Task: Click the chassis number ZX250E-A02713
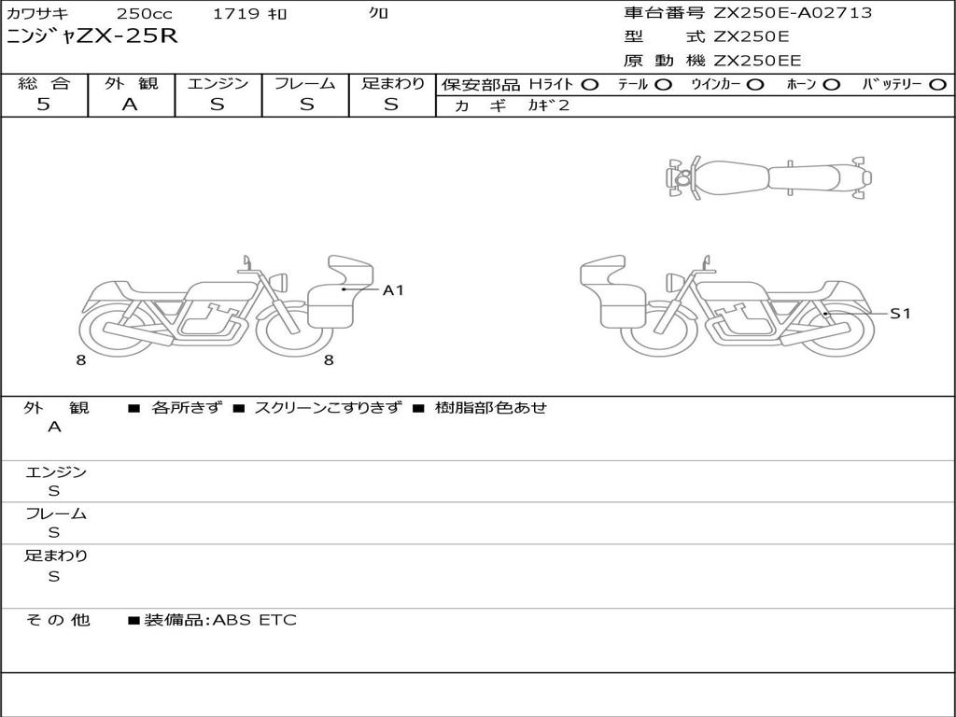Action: click(793, 13)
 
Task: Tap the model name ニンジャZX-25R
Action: click(92, 36)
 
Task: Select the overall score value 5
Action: click(43, 105)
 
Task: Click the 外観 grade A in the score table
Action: click(130, 105)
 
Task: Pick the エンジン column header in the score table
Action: click(218, 83)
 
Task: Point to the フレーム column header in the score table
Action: click(305, 83)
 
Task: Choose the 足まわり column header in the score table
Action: click(392, 83)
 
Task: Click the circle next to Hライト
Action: click(590, 85)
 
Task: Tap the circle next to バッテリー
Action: click(937, 85)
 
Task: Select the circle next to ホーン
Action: click(832, 85)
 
